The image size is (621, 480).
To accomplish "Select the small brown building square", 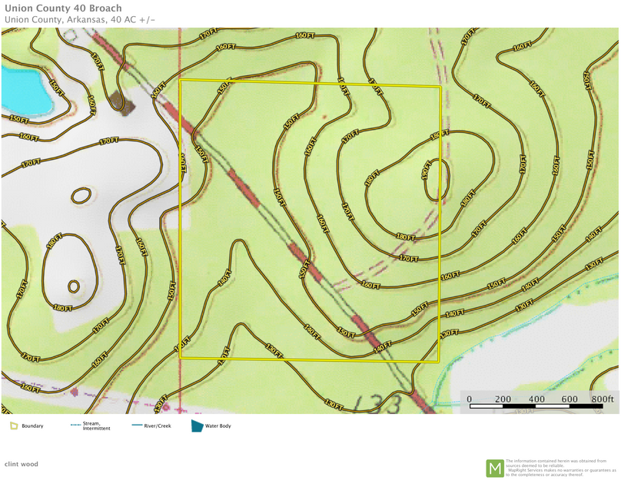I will click(117, 101).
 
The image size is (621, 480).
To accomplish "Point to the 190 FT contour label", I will click(427, 170).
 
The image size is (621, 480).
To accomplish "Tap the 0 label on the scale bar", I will click(470, 399).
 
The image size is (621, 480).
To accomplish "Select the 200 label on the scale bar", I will click(503, 399).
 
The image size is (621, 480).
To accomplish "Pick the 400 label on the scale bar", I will click(536, 399).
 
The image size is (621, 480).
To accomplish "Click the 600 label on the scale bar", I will click(570, 399).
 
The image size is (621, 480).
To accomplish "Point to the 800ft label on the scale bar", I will click(603, 399).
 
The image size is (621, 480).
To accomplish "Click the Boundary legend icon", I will click(14, 425).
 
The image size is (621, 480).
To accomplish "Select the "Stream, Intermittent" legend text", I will click(96, 426).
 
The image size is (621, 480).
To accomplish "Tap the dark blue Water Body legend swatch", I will click(198, 425).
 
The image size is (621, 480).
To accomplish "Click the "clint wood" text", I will click(21, 464).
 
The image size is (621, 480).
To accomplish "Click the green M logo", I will click(495, 468).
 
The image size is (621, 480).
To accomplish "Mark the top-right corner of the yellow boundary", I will click(440, 86).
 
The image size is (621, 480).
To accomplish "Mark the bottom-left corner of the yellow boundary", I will click(180, 359).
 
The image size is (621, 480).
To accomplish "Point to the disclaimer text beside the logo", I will click(560, 468).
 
